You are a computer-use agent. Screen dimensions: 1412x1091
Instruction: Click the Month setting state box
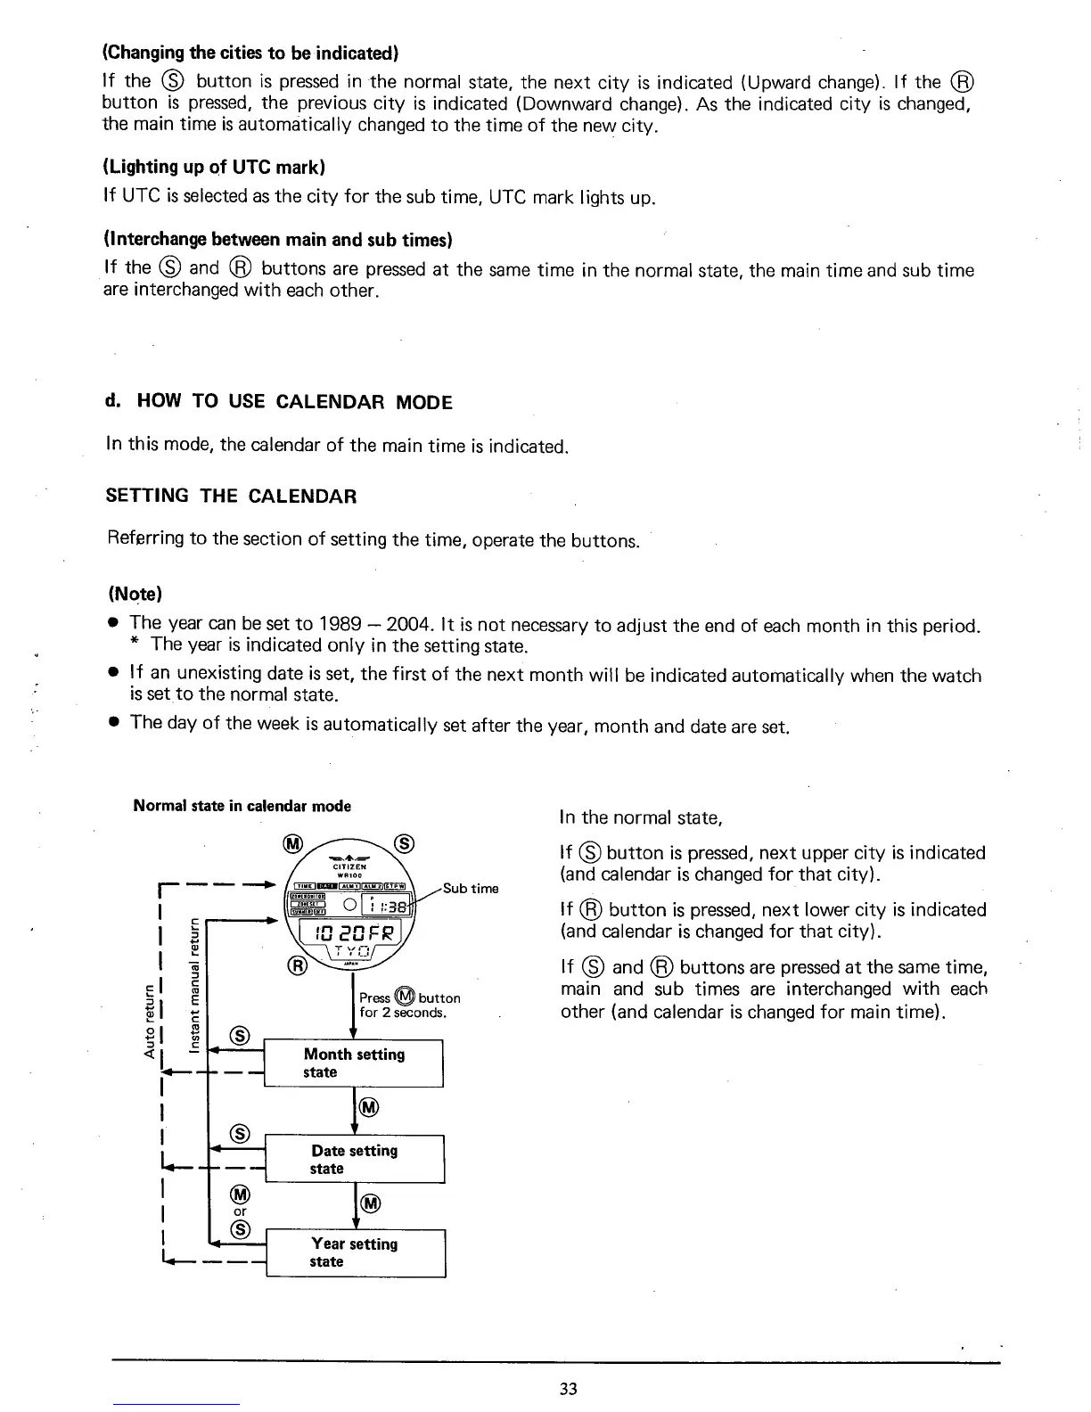pos(354,1063)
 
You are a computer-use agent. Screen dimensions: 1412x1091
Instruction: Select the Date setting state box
pos(354,1159)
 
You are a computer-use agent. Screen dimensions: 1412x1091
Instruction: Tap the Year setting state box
pos(354,1252)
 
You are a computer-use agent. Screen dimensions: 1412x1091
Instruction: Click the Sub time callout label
pos(471,888)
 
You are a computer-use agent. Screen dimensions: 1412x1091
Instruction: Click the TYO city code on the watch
pos(351,954)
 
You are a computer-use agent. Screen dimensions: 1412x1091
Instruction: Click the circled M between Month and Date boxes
pos(368,1108)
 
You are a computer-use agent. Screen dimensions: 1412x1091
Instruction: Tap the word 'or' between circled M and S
pos(240,1211)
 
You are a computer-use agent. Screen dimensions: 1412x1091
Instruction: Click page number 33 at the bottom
pos(570,1389)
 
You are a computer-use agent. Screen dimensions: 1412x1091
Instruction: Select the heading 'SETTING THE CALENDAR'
pos(231,497)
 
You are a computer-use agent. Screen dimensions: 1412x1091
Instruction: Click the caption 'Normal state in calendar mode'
pos(242,806)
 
